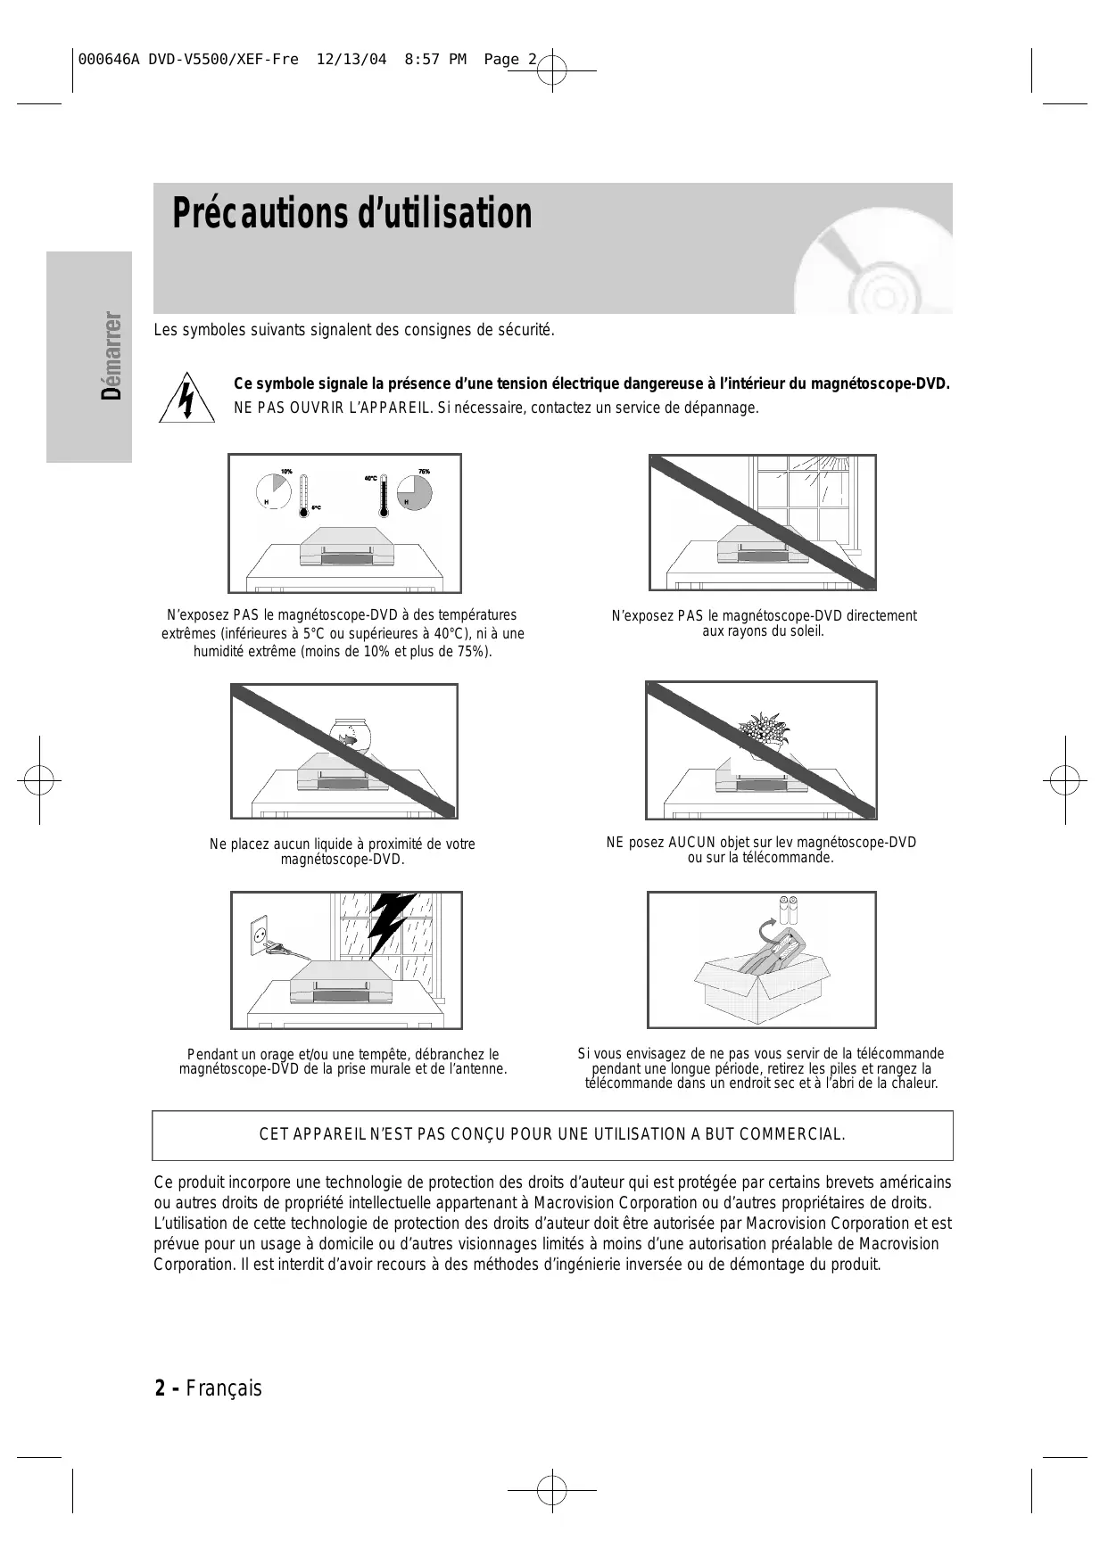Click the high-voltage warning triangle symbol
186,398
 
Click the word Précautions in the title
259,214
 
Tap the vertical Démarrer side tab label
112,356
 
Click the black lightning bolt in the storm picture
390,924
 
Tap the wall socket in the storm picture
259,935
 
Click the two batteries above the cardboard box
788,910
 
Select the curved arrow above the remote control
765,930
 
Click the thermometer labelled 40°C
384,496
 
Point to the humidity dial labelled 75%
414,491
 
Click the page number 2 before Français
161,1388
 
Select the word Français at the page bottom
224,1388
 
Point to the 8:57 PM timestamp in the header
435,60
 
